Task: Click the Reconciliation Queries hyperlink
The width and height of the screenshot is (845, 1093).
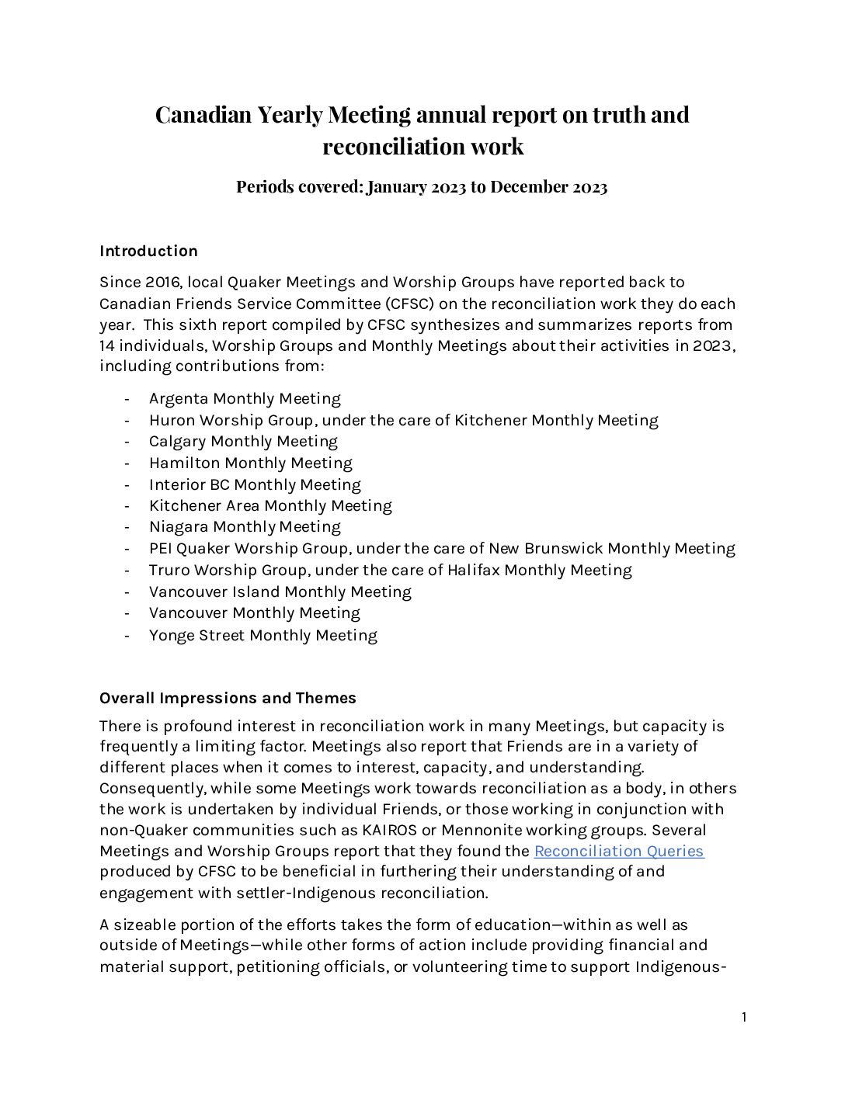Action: click(618, 851)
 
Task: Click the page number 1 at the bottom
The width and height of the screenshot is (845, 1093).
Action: click(744, 1018)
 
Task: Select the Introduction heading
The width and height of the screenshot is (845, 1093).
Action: click(148, 251)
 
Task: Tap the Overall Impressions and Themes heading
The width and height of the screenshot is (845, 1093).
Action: click(228, 698)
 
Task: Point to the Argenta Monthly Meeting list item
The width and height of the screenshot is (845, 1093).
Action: click(245, 399)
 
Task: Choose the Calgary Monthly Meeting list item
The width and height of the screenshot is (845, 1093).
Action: click(243, 442)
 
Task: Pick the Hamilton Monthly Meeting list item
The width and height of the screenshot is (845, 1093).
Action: click(250, 463)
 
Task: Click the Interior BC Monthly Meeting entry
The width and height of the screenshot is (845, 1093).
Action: click(255, 485)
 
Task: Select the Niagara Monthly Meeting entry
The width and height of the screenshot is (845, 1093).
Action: click(245, 527)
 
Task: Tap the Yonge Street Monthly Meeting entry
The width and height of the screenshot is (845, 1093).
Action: click(263, 635)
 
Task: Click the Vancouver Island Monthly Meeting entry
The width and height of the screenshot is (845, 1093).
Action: click(280, 592)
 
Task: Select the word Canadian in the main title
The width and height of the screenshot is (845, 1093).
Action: click(203, 114)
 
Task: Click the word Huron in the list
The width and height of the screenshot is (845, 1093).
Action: click(172, 421)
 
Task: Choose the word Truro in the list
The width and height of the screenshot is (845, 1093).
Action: click(169, 571)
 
